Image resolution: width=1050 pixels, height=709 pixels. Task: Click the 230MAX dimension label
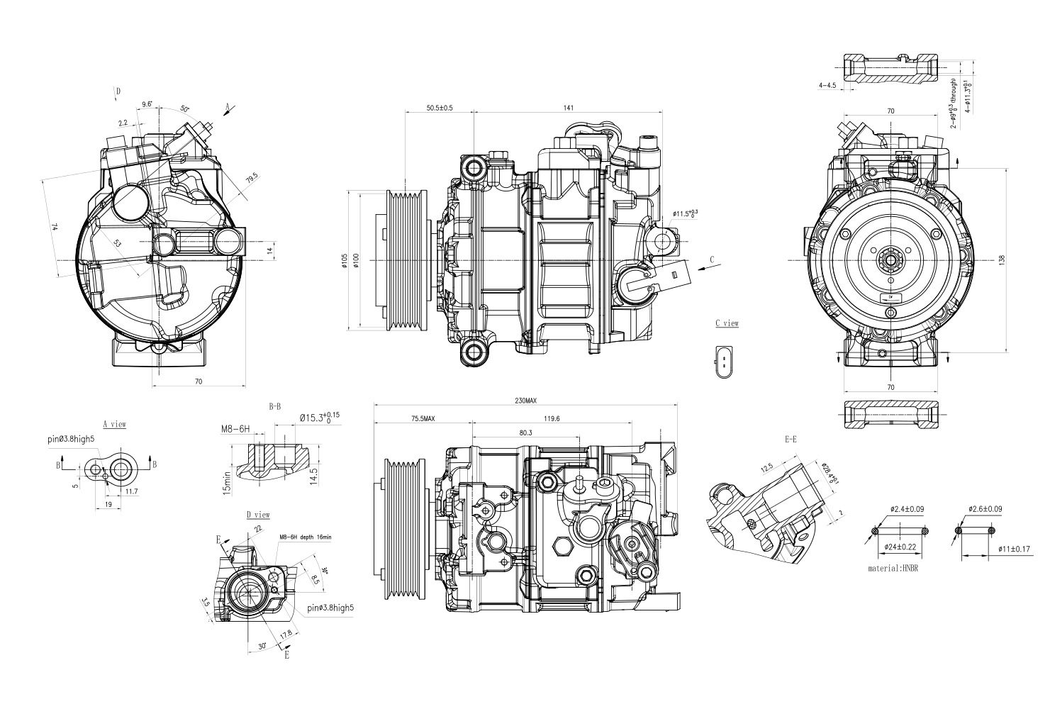click(525, 401)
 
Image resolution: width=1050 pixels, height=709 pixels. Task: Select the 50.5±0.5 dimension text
click(440, 108)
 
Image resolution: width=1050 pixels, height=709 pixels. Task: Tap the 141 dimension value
click(568, 108)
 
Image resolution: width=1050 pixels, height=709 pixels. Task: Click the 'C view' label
click(727, 323)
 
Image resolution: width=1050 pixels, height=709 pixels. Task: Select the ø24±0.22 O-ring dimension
click(900, 547)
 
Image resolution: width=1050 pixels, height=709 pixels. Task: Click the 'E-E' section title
click(791, 440)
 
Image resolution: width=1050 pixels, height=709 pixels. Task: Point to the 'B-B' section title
click(275, 407)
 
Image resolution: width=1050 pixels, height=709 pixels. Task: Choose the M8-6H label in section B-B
click(235, 429)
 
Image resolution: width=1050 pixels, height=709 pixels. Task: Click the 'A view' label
click(114, 424)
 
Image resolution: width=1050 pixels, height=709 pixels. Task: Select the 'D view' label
click(258, 514)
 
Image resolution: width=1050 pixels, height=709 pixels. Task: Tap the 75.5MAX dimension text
click(422, 419)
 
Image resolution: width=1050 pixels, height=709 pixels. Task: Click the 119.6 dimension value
click(552, 419)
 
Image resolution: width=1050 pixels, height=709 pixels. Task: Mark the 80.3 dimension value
click(525, 432)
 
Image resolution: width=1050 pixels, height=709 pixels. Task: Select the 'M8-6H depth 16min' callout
click(306, 537)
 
